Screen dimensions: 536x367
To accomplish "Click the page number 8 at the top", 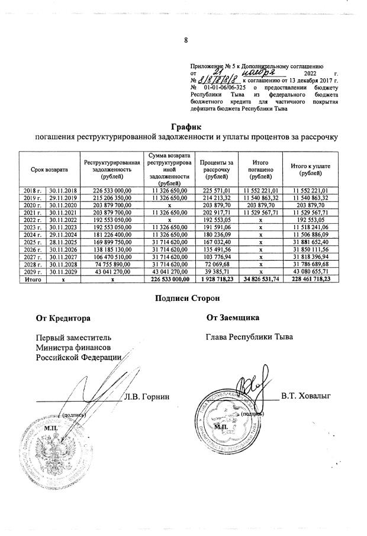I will tap(185, 41).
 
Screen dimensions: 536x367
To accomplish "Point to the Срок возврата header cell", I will tap(50, 170).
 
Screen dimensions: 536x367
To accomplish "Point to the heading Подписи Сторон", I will tap(185, 299).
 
